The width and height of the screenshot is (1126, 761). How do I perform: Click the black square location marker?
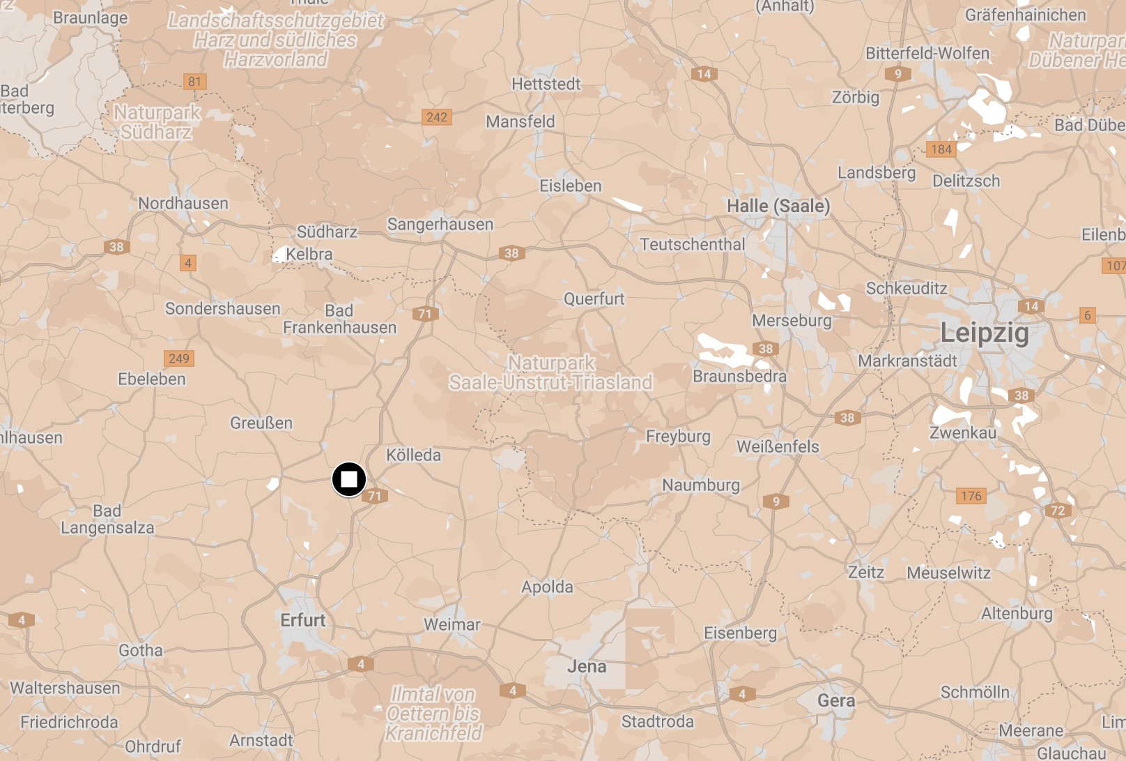348,480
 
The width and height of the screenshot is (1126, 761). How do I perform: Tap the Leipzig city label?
984,333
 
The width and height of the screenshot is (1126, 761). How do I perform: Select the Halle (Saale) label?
778,206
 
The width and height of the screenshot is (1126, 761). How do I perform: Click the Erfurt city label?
302,620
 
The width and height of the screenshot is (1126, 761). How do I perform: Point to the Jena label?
587,667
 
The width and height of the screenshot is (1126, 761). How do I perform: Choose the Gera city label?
836,700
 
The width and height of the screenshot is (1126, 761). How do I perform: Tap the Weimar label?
452,625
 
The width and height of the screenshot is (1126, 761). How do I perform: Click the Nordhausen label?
183,204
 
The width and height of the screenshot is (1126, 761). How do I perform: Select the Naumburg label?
701,485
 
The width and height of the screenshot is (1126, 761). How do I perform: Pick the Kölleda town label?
413,455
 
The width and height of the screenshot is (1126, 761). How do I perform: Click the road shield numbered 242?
437,117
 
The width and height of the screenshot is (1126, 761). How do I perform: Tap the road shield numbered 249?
179,359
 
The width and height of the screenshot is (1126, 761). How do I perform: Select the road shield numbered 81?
194,82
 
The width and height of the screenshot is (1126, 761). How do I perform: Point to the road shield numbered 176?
971,496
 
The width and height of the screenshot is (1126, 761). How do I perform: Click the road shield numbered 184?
941,149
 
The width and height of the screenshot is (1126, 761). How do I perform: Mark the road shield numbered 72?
1058,511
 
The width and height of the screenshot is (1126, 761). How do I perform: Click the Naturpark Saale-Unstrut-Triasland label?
550,372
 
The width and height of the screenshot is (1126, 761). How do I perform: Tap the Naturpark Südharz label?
157,122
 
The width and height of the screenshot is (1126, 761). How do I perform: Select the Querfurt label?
594,299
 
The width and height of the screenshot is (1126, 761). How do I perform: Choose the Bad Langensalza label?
107,520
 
